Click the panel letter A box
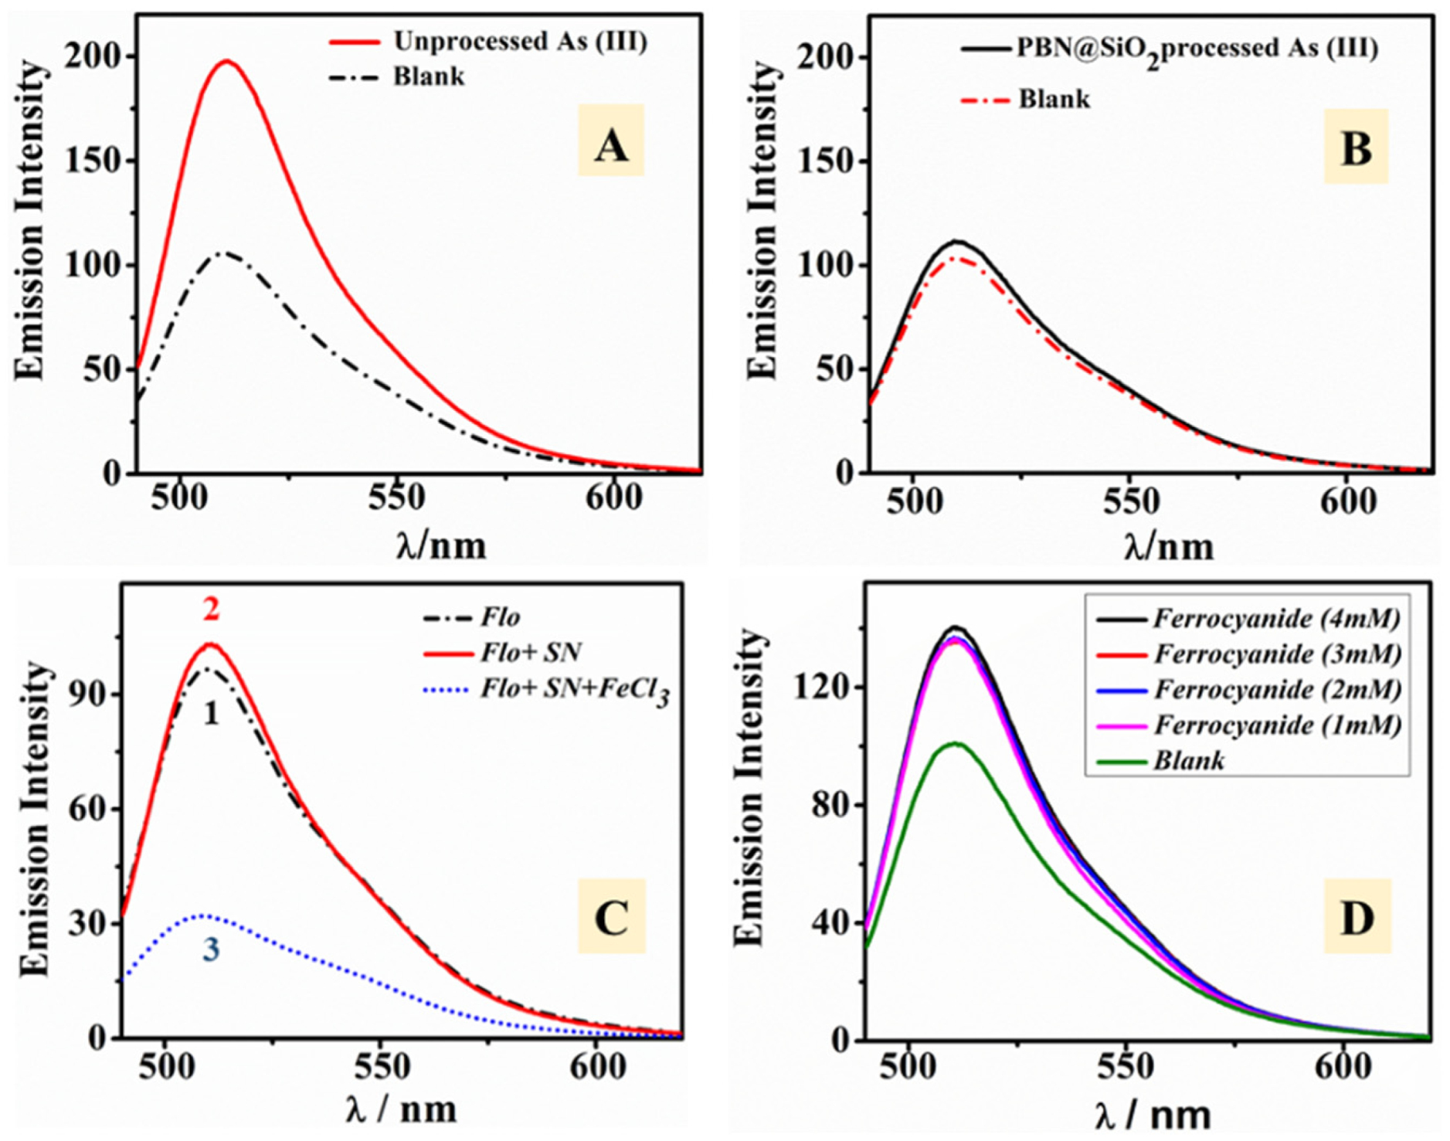point(610,141)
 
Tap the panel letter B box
point(1355,146)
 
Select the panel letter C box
point(610,916)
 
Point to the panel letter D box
point(1357,916)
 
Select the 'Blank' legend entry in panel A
point(428,77)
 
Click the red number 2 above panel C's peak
point(211,610)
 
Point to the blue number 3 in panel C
point(211,949)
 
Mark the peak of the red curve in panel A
point(226,61)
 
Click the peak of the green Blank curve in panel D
point(955,743)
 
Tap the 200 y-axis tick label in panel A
point(93,57)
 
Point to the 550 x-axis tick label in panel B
point(1129,502)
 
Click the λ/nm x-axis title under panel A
point(441,545)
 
